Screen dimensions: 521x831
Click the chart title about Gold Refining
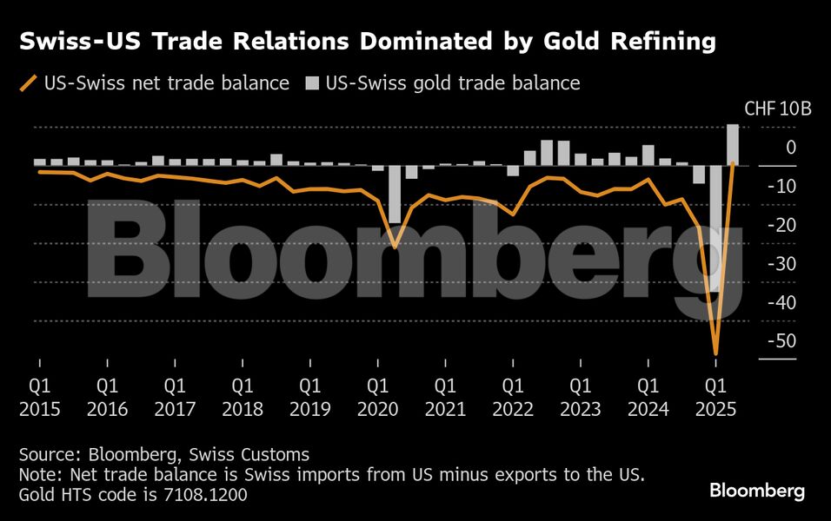[x=368, y=41]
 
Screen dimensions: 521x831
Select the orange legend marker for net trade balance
[x=29, y=83]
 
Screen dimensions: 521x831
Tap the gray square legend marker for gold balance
[x=312, y=83]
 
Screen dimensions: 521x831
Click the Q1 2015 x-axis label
[x=39, y=395]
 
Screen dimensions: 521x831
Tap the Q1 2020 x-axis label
[x=377, y=395]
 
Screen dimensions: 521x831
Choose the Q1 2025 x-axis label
[x=715, y=395]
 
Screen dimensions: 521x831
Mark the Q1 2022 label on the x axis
[x=512, y=395]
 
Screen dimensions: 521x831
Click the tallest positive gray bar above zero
[x=733, y=144]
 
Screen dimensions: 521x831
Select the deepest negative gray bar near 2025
[x=715, y=228]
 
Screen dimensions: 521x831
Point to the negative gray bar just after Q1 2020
[x=395, y=195]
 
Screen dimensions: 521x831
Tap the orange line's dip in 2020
[x=395, y=247]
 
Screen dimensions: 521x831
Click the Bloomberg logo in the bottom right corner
[x=757, y=491]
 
